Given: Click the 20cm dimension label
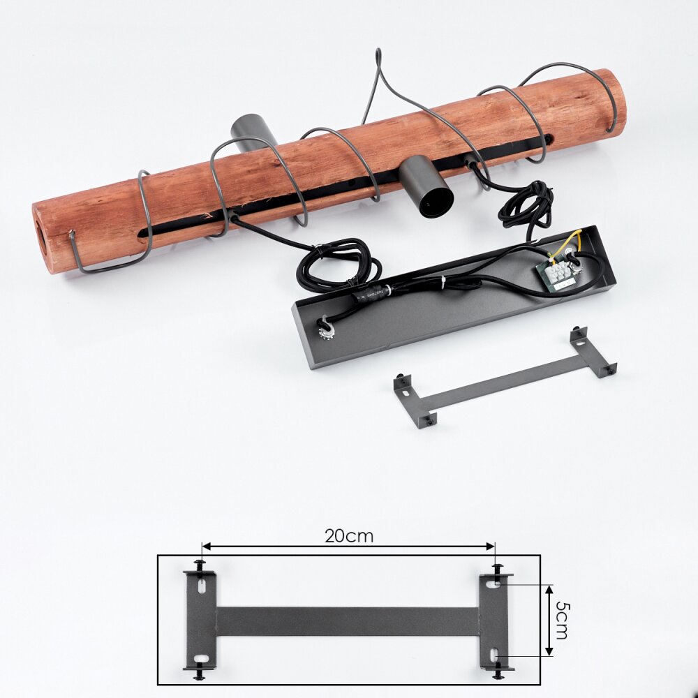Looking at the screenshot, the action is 348,536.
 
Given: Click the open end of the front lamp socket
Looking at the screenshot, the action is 437,202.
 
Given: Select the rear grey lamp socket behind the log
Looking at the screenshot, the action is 251,131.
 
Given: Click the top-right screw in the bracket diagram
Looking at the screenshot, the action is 498,570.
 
